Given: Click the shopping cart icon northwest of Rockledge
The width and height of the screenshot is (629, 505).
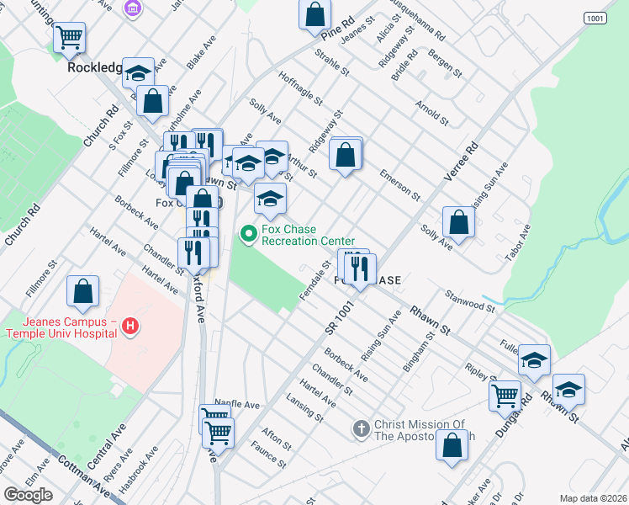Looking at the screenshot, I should (x=69, y=36).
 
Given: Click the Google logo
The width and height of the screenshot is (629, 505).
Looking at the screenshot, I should (x=28, y=495).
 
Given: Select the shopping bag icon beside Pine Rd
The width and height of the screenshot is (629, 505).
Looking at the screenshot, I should (x=314, y=13).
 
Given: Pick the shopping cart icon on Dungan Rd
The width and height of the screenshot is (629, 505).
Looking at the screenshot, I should (x=505, y=393).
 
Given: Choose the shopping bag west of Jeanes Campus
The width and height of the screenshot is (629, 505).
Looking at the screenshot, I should (x=83, y=291).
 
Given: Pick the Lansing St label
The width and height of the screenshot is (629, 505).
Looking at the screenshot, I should (x=304, y=406).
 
